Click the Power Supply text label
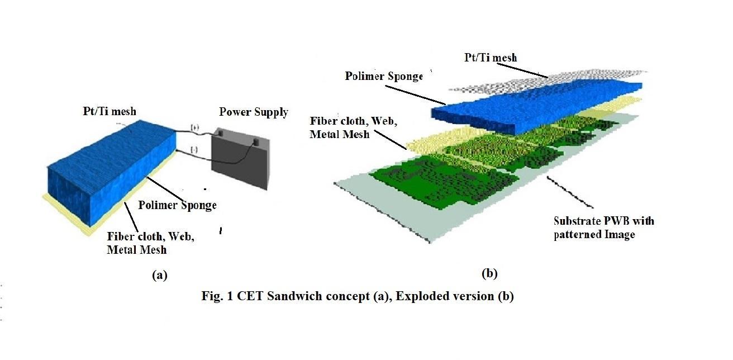[254, 112]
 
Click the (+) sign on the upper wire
[195, 128]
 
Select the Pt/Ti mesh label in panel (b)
[491, 57]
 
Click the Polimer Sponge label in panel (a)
[177, 205]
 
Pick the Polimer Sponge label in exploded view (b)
[384, 75]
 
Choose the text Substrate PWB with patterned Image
[603, 228]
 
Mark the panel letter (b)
[489, 273]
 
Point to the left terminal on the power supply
[220, 133]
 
